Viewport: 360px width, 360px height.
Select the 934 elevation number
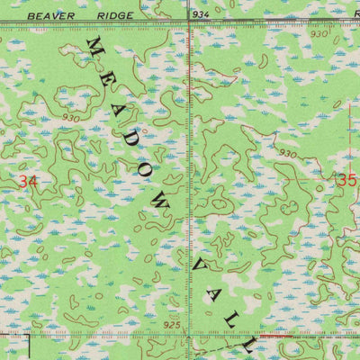[x=202, y=15]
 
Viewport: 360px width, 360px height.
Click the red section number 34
[x=29, y=182]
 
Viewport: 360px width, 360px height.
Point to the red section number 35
[x=346, y=179]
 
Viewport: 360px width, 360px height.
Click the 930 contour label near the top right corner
[x=320, y=33]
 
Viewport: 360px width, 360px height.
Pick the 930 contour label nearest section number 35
[x=288, y=154]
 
